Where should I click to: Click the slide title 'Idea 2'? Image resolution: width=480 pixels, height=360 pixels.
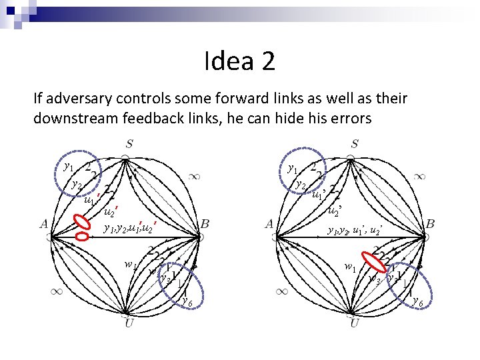[239, 62]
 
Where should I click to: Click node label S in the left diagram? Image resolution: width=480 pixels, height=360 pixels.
[129, 143]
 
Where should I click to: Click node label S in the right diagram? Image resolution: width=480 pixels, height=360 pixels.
[355, 143]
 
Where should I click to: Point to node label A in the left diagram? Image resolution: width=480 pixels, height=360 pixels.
[44, 224]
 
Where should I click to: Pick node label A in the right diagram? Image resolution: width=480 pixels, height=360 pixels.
[269, 224]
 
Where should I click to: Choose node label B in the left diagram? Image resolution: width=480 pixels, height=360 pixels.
[205, 224]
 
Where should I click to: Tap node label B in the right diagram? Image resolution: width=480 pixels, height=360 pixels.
[430, 224]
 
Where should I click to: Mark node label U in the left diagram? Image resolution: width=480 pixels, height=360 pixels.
[129, 323]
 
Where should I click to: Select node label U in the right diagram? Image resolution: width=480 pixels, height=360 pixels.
[355, 323]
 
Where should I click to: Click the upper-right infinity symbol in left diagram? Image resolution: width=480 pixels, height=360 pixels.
[194, 177]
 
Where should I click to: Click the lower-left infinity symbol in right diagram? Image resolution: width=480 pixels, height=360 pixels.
[282, 291]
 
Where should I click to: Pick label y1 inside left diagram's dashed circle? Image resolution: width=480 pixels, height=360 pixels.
[68, 167]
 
